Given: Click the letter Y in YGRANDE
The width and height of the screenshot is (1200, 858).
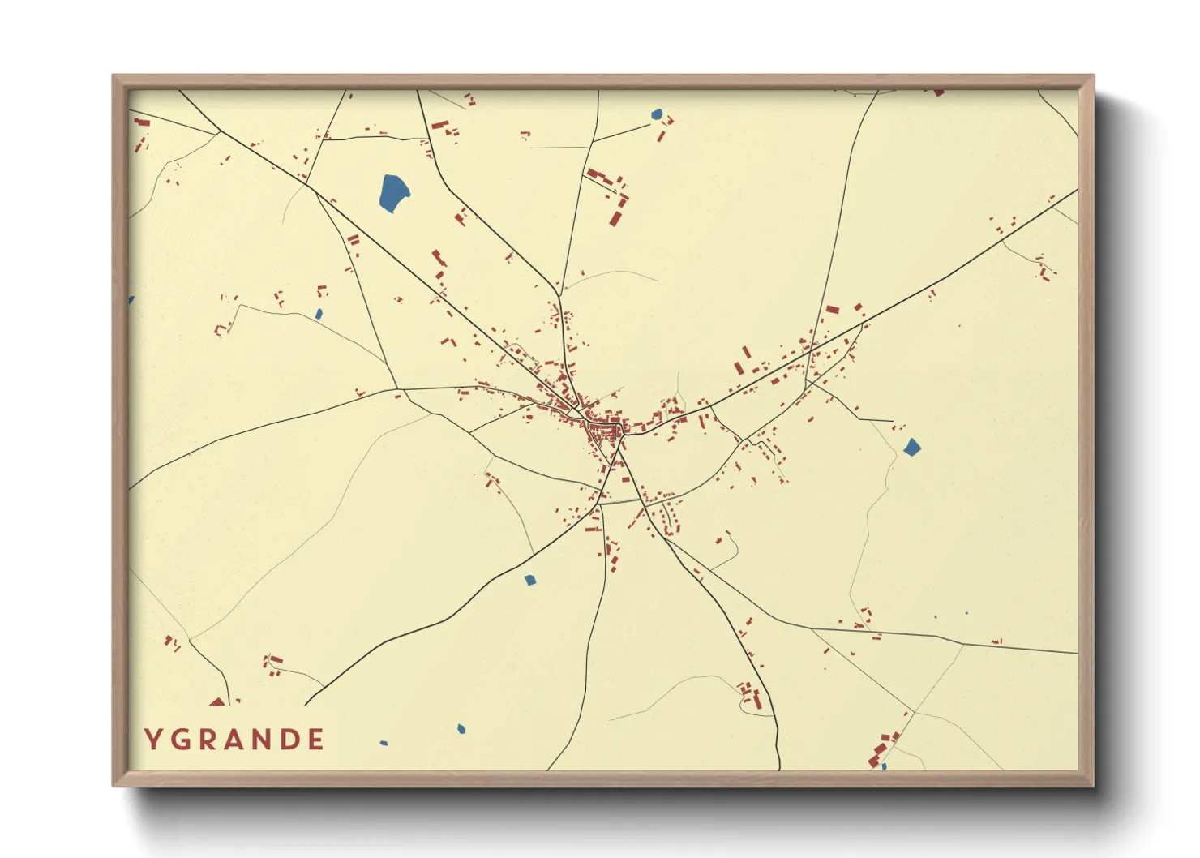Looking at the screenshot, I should coord(152,739).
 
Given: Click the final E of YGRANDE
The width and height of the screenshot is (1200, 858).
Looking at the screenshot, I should coord(317,739).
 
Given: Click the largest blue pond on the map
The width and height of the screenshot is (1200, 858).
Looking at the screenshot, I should coord(393,192).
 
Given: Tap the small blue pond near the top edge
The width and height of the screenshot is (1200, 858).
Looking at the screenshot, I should coord(657,114).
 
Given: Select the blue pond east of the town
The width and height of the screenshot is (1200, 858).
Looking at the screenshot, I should coord(912,447).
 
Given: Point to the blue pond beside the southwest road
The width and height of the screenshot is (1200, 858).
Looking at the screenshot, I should coord(529,580).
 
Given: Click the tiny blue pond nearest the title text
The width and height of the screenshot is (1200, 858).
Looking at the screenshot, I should coord(384,742).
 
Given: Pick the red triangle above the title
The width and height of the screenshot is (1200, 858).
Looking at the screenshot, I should coord(216,701).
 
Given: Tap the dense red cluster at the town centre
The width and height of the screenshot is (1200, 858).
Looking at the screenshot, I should coord(604,430).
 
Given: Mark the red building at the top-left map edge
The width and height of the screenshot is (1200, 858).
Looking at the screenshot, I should coord(143,122).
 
